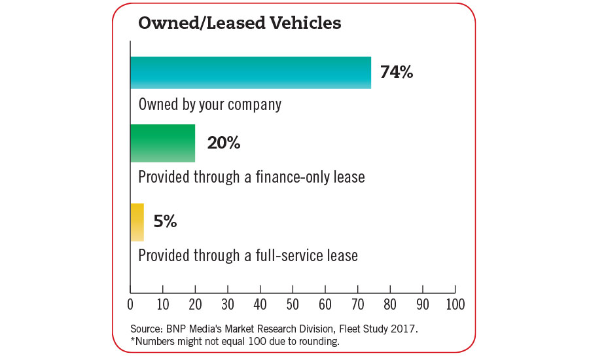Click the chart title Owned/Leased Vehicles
click(x=239, y=24)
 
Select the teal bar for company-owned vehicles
click(x=251, y=73)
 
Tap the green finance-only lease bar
click(x=163, y=143)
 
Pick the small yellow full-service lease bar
click(x=137, y=222)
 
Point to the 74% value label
click(x=397, y=73)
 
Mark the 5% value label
click(x=165, y=222)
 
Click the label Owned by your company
click(x=209, y=105)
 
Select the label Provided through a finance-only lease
click(x=251, y=177)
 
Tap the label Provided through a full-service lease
click(x=248, y=255)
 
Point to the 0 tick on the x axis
click(x=130, y=304)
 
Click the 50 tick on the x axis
click(x=293, y=304)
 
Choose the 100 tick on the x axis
click(x=455, y=304)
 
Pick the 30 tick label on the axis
click(x=228, y=304)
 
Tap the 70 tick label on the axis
click(x=357, y=304)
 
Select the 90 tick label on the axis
click(x=422, y=304)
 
